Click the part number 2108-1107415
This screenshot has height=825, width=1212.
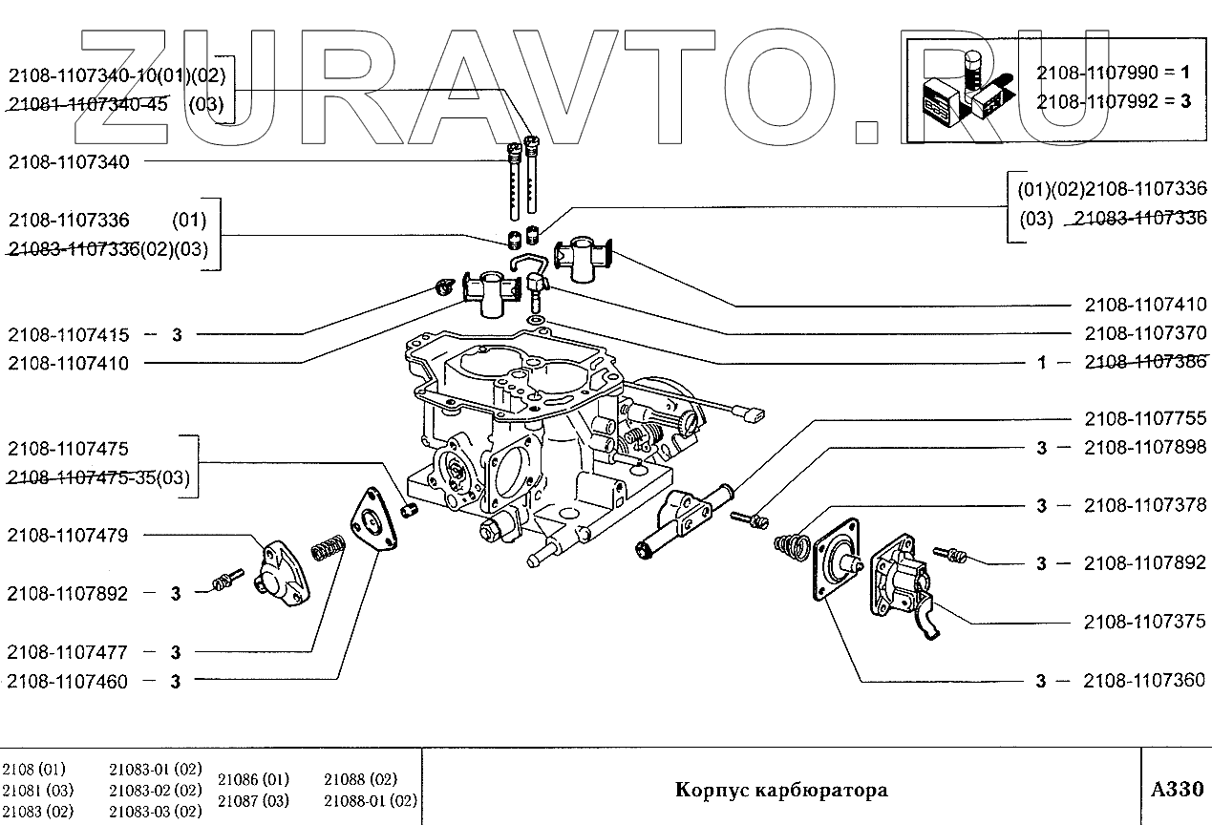click(x=68, y=335)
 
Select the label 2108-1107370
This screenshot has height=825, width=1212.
click(x=1145, y=333)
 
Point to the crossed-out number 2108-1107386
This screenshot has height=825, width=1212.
click(x=1145, y=362)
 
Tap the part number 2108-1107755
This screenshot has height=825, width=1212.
click(x=1145, y=418)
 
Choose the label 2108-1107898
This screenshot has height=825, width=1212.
click(x=1145, y=448)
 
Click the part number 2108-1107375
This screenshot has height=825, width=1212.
click(x=1145, y=622)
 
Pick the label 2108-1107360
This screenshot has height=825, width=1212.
click(x=1145, y=681)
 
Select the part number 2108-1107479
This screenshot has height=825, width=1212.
click(x=68, y=535)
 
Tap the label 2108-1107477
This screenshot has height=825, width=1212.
click(x=68, y=652)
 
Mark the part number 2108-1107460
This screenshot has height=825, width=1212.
click(x=68, y=681)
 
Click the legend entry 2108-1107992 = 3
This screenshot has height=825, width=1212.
click(x=1114, y=100)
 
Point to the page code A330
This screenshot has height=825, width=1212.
click(x=1178, y=790)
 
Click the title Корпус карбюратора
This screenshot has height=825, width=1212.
click(x=781, y=790)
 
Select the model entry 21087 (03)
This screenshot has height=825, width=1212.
click(x=253, y=800)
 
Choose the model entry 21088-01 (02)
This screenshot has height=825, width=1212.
click(x=371, y=800)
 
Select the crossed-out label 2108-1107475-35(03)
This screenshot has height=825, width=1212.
click(x=98, y=478)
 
